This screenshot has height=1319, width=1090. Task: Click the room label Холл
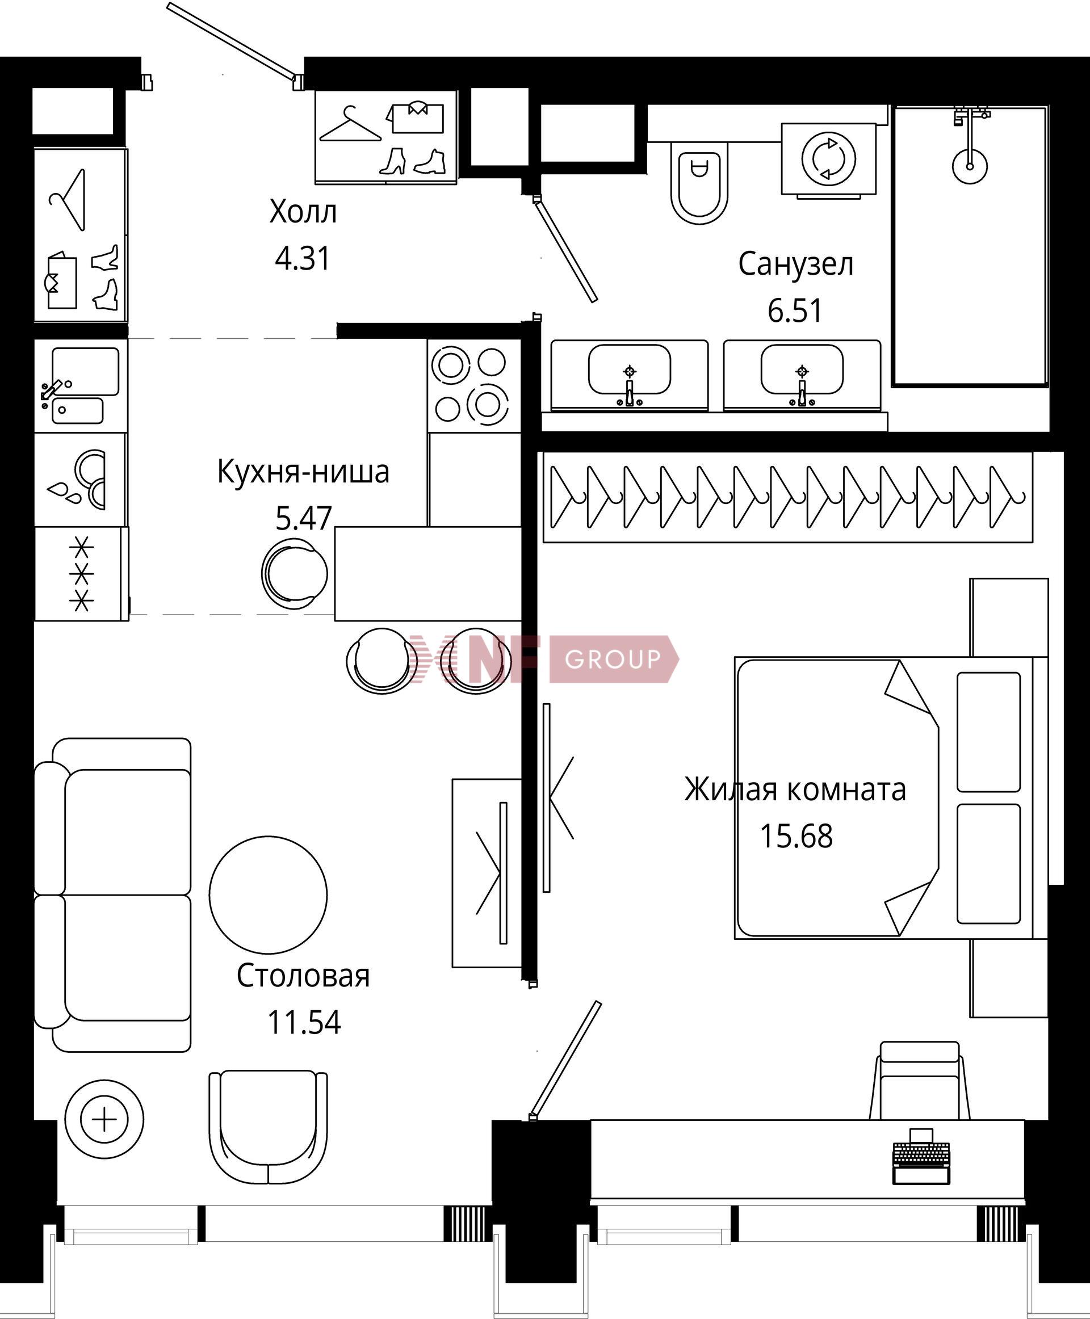303,212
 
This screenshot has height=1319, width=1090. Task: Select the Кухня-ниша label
303,472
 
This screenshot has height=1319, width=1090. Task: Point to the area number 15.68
796,836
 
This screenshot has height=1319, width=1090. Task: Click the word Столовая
303,976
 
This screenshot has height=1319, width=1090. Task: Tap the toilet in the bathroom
699,183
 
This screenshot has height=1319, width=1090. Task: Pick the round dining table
268,894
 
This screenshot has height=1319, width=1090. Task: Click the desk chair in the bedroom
920,1081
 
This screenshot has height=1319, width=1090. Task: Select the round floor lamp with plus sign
104,1119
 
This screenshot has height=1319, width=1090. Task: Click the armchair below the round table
268,1128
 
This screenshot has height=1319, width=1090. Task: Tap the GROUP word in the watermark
612,659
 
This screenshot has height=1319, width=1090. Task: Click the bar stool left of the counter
295,573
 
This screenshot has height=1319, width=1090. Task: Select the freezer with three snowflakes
82,574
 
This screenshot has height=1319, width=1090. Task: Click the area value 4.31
303,258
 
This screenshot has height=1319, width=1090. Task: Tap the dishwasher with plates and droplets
81,480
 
